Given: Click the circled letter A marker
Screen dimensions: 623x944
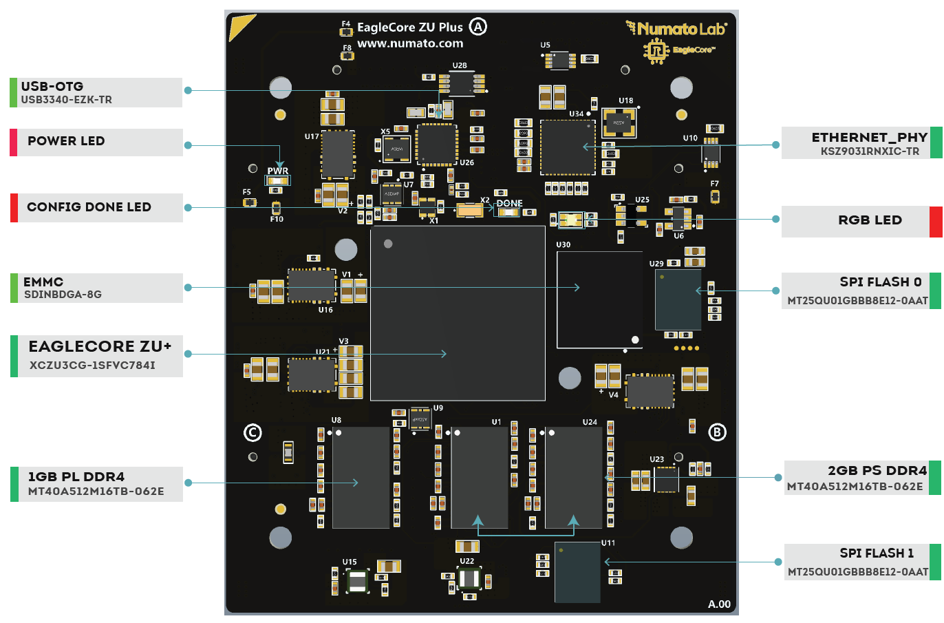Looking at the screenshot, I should [x=478, y=27].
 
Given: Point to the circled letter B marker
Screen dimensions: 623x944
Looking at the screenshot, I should [x=717, y=432].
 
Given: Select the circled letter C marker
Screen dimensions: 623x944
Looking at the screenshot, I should [x=253, y=432].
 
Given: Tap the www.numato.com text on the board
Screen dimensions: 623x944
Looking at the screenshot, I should [x=410, y=43].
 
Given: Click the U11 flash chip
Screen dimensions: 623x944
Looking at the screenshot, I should [x=577, y=572].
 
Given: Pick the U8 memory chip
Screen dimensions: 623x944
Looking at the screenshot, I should [x=361, y=478].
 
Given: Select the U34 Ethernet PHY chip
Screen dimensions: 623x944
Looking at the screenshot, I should [x=568, y=147].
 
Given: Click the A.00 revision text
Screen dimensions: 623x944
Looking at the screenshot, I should [x=719, y=604].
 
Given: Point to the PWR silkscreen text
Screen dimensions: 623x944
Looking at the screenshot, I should [x=278, y=171].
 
